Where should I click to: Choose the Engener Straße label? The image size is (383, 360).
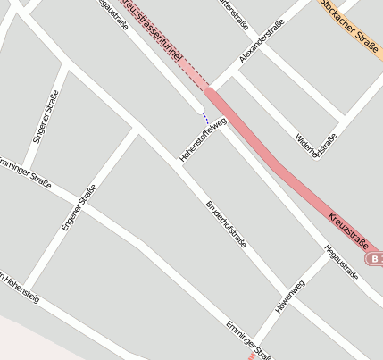point(78,207)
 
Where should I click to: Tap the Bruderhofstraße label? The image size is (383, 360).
point(226,222)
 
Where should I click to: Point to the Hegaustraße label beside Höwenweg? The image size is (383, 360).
point(341,262)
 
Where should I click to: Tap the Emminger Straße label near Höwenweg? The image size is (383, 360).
point(248,339)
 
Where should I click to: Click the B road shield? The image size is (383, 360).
point(374,259)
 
